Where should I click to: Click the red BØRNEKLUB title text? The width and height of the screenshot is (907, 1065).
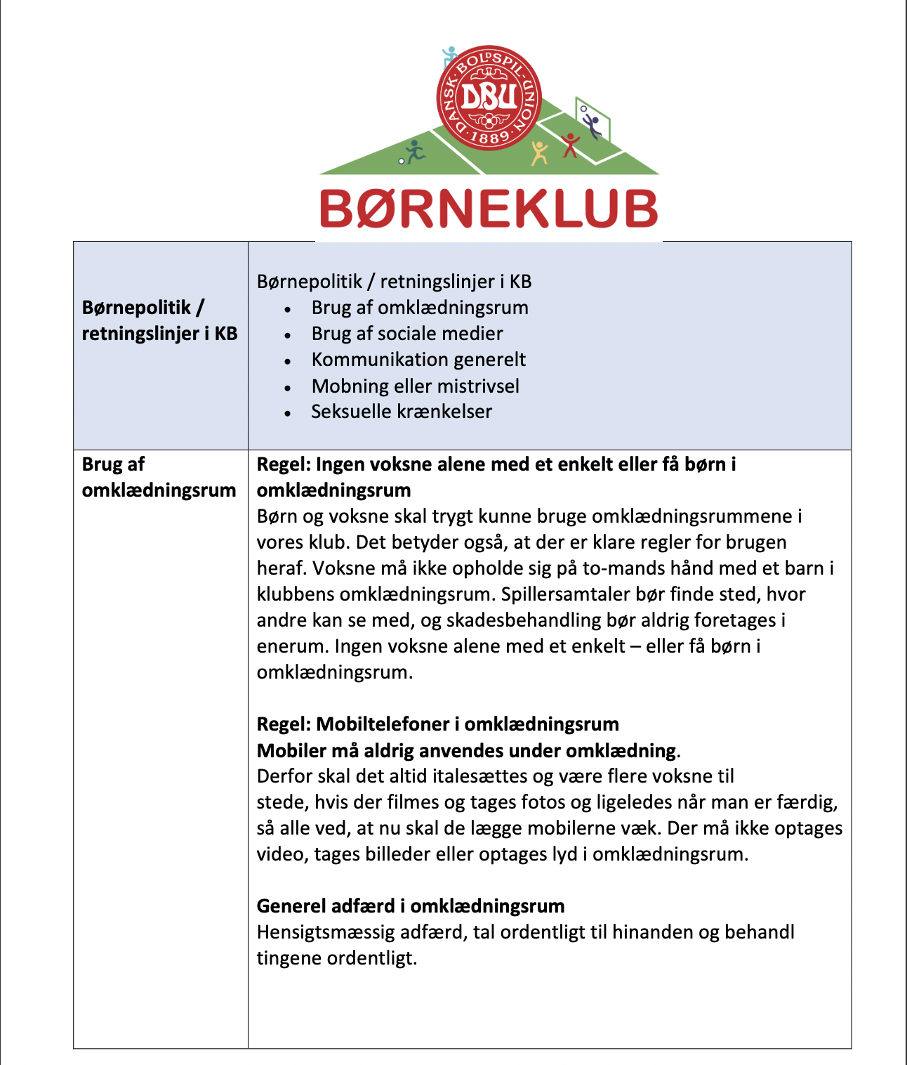pos(489,209)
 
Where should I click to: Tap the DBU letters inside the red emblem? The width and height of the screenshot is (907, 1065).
pos(489,98)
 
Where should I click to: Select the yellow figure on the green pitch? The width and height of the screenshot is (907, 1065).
pos(539,152)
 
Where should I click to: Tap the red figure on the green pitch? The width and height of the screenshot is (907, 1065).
pos(571,145)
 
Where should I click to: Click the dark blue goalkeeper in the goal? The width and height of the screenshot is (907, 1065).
pos(592,125)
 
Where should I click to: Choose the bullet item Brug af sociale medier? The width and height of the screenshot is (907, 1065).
pos(407,334)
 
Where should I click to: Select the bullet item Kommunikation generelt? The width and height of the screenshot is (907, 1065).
pos(418,360)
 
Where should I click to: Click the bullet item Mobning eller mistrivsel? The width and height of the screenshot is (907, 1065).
pos(416,386)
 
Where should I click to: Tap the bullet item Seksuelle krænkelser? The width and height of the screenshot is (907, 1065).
pos(402,412)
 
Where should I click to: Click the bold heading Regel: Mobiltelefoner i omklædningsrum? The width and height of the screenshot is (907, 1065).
pos(437,724)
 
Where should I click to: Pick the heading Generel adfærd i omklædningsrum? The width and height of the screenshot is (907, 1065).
pos(411,906)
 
